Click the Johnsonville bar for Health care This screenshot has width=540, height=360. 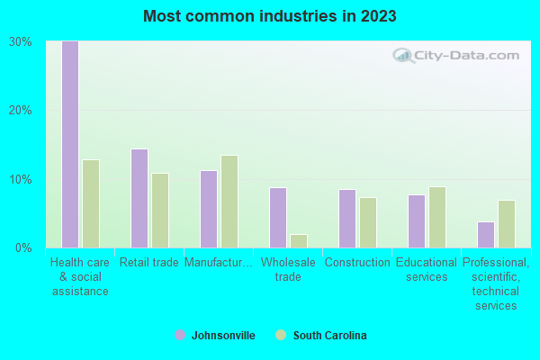[70, 144]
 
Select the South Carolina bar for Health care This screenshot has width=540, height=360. [91, 203]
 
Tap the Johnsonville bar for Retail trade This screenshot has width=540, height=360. [139, 198]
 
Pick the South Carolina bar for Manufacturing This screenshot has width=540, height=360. [229, 202]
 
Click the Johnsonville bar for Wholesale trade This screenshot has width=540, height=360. [278, 218]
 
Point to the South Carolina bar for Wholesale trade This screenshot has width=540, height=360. [299, 240]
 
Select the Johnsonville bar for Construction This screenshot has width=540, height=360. [347, 219]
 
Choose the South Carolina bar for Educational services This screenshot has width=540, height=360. [437, 217]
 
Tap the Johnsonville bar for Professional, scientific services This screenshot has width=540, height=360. [486, 234]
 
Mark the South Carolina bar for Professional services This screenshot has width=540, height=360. [507, 224]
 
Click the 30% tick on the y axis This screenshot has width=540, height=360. [21, 41]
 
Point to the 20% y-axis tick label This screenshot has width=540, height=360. [21, 110]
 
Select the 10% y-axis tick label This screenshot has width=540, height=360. [21, 179]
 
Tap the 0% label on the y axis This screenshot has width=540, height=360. [23, 247]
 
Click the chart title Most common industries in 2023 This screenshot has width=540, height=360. [269, 16]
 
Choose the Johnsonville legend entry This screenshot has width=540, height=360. [215, 336]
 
